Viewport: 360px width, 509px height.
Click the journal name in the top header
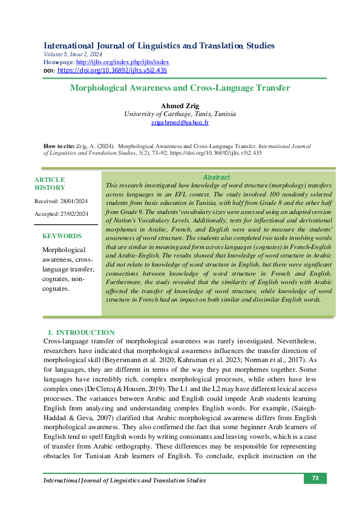point(159,46)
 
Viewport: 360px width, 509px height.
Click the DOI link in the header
point(112,71)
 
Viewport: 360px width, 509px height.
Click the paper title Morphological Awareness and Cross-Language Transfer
point(180,88)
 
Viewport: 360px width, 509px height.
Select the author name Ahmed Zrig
point(180,106)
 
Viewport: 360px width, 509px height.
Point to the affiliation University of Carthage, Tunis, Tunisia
point(180,114)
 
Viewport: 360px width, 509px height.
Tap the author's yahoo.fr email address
point(180,123)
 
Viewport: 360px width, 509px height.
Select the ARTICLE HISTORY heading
point(50,184)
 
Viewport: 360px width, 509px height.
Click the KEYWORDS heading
point(62,236)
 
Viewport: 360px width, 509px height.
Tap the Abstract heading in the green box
point(216,177)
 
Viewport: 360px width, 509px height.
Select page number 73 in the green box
point(315,478)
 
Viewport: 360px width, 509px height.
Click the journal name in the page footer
point(125,481)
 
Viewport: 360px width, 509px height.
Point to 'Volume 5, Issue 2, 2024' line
point(74,54)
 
